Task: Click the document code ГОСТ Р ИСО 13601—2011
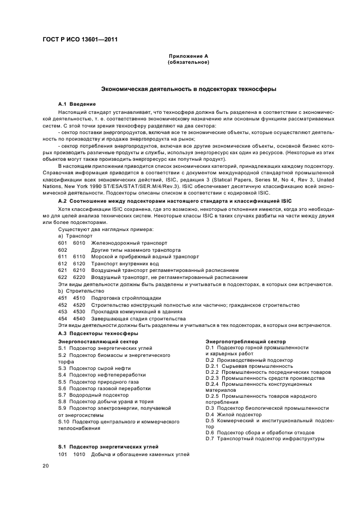tap(81, 40)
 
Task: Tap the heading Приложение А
tap(188, 57)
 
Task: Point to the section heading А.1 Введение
tap(77, 104)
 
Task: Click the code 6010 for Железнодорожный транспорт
tap(79, 242)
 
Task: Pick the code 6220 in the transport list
tap(79, 277)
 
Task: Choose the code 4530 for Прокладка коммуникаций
tap(79, 312)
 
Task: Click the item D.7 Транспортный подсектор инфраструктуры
tap(265, 438)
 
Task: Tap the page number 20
tap(45, 466)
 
